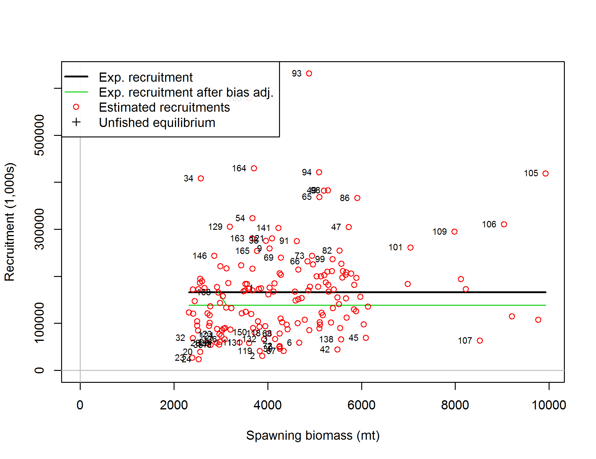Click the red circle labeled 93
309,73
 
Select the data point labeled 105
546,174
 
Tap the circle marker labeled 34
201,178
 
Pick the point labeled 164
254,168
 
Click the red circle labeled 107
480,341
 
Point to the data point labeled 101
410,248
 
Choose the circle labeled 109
454,232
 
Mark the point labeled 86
357,198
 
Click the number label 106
489,224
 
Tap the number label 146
200,256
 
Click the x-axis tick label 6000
361,405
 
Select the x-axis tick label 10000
549,405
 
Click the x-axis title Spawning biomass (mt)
313,435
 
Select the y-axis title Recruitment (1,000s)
10,222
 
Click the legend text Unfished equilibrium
157,123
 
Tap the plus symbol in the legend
76,122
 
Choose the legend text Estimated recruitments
164,107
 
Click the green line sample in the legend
76,92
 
